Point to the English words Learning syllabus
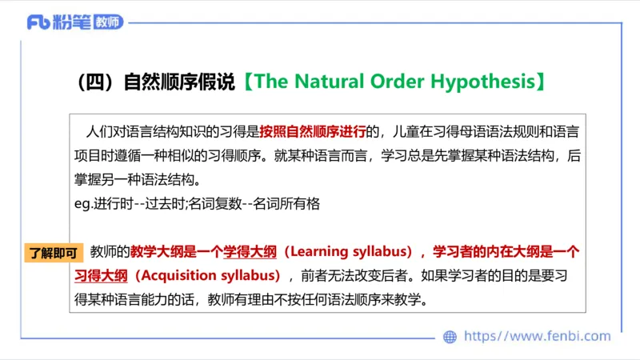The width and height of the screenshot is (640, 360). click(x=347, y=252)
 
